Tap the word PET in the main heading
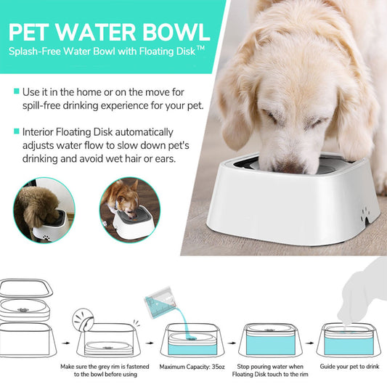point(28,32)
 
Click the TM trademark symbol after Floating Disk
point(201,49)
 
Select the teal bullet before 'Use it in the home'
point(17,91)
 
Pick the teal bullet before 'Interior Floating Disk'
point(17,131)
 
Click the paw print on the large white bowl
point(364,215)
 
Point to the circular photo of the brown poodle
point(44,210)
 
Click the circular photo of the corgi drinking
point(130,210)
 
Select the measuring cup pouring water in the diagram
point(160,303)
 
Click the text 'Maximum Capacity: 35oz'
point(192,367)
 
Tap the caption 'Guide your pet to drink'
point(349,367)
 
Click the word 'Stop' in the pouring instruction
point(243,367)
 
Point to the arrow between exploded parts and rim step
point(65,343)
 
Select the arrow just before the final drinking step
point(309,343)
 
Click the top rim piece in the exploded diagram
point(26,288)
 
